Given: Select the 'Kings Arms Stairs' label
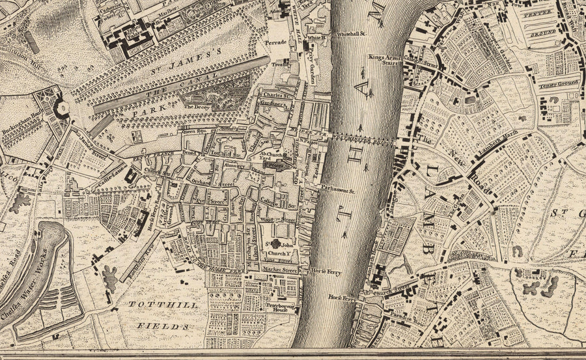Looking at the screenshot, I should [x=384, y=59].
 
